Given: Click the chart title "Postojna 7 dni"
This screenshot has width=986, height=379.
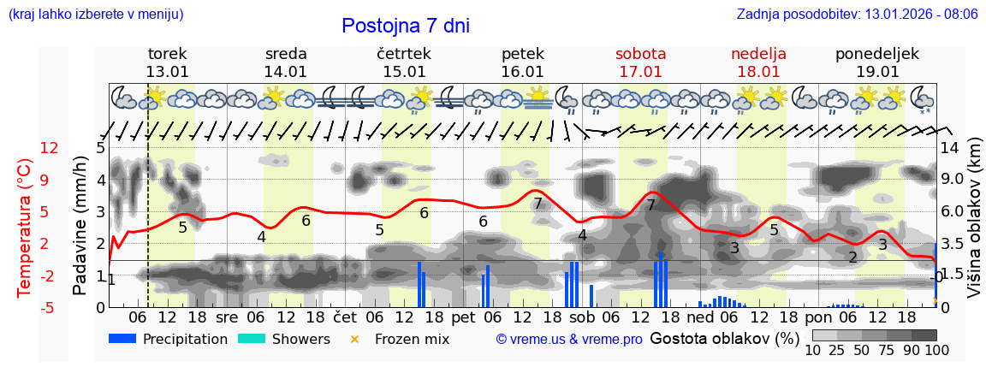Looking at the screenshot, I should pos(406,27).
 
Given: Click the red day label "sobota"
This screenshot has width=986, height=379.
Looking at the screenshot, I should pos(640,54).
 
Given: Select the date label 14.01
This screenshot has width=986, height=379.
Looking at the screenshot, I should pos(285,72).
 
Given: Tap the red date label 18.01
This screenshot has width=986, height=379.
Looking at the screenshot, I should pos(758,72).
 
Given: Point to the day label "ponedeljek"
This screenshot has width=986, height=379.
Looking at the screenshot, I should pos(876,54).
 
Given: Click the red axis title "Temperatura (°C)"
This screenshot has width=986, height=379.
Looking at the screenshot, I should pos(24,227).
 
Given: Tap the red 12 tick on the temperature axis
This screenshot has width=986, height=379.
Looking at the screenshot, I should pos(49,148).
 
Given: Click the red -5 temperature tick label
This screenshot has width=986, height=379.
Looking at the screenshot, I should pos(49,307).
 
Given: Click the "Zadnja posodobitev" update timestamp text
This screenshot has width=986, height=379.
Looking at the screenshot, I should pos(857,15).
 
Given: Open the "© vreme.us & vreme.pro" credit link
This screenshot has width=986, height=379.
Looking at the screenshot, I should pos(569,339).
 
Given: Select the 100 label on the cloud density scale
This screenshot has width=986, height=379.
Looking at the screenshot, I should pos(936,351).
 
